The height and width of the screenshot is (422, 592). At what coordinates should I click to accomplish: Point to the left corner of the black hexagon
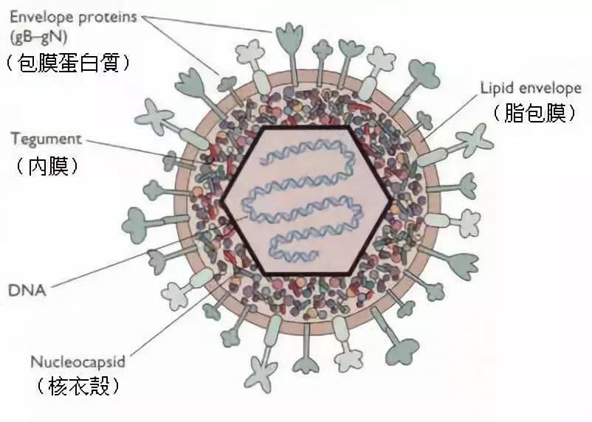point(223,201)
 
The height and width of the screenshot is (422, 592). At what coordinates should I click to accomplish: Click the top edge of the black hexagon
point(308,127)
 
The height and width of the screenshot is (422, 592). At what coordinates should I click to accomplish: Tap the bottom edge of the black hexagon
point(308,274)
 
